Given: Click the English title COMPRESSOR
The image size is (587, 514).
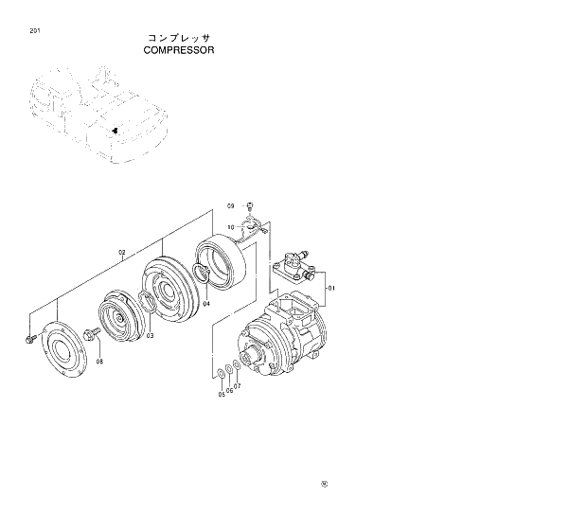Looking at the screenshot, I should point(179,50).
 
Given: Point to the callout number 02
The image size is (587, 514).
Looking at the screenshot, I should point(121,253).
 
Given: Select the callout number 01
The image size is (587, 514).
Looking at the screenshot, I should point(331,288).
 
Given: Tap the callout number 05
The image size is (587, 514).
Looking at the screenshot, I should point(222,394).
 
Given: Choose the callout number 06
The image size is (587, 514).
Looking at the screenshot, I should point(229,390).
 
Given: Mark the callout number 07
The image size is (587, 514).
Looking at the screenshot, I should point(237,386).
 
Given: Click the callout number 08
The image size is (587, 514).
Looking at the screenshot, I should point(99,361).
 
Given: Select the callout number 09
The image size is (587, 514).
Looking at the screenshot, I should point(230,205).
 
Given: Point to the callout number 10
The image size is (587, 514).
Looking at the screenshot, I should point(230,227).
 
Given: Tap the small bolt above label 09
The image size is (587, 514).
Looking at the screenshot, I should point(249,205).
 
